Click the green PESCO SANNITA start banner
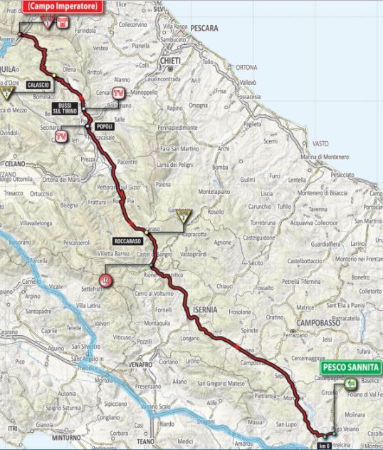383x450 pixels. pyautogui.click(x=350, y=368)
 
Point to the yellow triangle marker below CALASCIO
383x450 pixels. pyautogui.click(x=8, y=93)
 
